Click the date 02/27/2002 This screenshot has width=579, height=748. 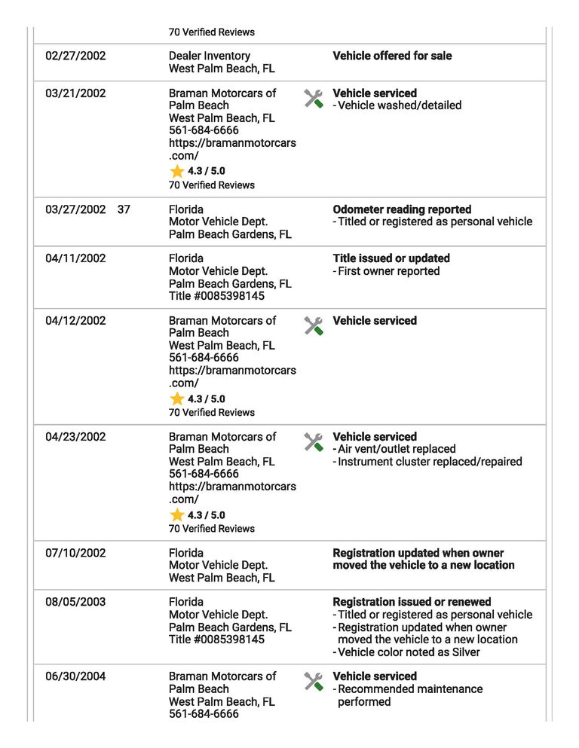pyautogui.click(x=75, y=56)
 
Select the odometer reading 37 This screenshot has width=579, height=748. pyautogui.click(x=124, y=209)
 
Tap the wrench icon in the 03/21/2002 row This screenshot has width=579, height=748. pyautogui.click(x=314, y=98)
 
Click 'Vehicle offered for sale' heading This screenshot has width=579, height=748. pyautogui.click(x=392, y=56)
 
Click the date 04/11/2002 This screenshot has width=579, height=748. pyautogui.click(x=75, y=258)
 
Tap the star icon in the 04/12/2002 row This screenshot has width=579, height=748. pyautogui.click(x=177, y=398)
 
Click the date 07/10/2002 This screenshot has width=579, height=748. pyautogui.click(x=75, y=553)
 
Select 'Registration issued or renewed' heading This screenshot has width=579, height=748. pyautogui.click(x=412, y=602)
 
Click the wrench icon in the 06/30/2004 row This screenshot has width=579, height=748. pyautogui.click(x=314, y=681)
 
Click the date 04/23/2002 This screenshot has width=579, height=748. pyautogui.click(x=75, y=437)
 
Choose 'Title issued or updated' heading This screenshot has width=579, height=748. pyautogui.click(x=391, y=258)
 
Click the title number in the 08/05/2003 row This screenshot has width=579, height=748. pyautogui.click(x=217, y=640)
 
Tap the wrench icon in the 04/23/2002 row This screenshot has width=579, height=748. pyautogui.click(x=314, y=441)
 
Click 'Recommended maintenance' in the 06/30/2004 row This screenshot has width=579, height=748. pyautogui.click(x=410, y=689)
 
